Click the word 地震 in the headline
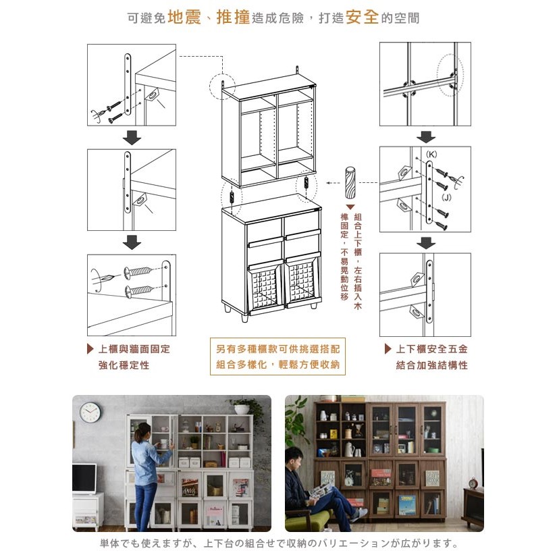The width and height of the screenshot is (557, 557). click(184, 17)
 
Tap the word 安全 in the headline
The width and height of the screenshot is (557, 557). click(362, 17)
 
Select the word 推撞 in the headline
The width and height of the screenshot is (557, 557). click(233, 17)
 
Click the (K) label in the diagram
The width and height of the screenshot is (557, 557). click(431, 155)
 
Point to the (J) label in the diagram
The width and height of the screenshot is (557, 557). click(446, 197)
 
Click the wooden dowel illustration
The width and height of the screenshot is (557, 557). click(350, 182)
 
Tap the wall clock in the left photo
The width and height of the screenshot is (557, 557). click(90, 413)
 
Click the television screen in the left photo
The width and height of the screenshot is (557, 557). click(84, 479)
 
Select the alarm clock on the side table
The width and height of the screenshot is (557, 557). click(473, 483)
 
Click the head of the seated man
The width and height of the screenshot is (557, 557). click(294, 457)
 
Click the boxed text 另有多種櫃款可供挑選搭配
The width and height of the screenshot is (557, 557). click(277, 349)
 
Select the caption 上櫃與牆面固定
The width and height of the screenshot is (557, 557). click(134, 349)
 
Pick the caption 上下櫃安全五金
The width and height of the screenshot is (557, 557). click(431, 349)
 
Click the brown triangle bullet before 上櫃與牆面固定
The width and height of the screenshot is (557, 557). click(90, 349)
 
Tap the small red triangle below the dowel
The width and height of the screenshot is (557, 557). click(350, 207)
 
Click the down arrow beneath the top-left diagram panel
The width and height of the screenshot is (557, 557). click(132, 138)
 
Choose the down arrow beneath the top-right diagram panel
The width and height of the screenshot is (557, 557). click(425, 137)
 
